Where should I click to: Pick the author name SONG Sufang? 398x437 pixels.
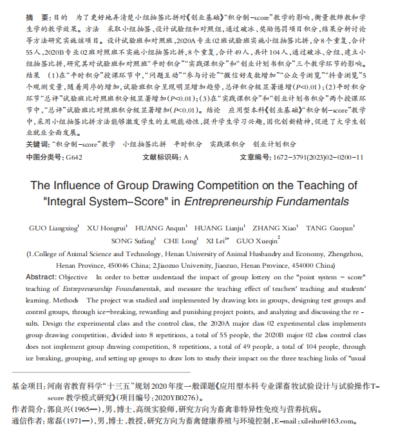(x=131, y=240)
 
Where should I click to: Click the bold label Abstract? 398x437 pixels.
(x=40, y=277)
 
